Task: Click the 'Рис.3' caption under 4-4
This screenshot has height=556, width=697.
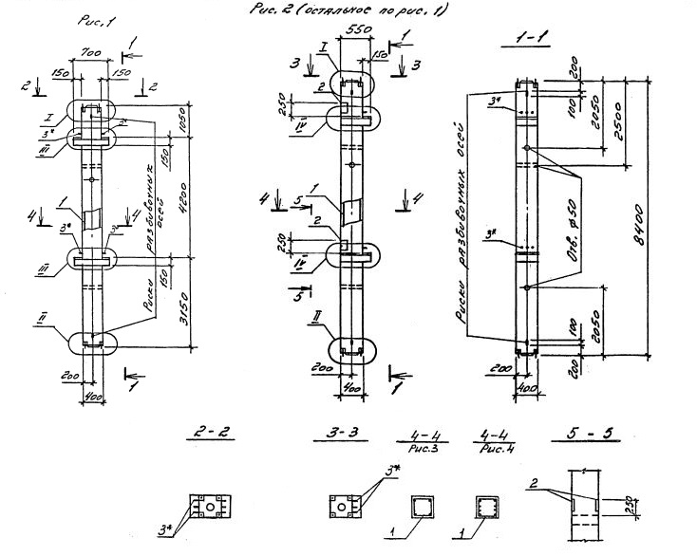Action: point(417,451)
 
